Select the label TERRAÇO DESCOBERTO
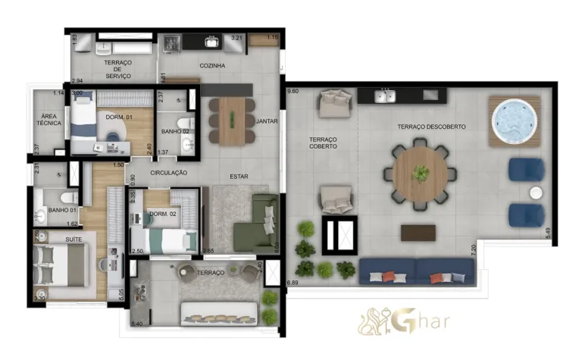pos(431,127)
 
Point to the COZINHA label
pos(212,66)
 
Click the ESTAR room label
pos(239,177)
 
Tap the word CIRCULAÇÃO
pos(168,173)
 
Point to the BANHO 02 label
pos(175,131)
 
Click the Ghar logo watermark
pos(405,320)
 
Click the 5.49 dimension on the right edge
pos(549,233)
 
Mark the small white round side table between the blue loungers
pos(536,192)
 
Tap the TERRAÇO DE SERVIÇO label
pos(118,69)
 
